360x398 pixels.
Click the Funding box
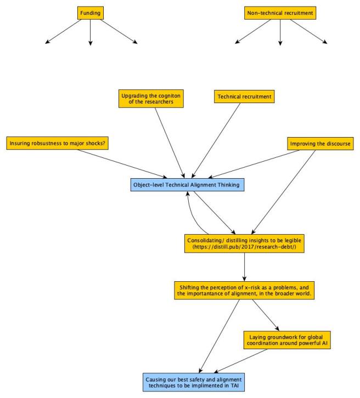point(90,12)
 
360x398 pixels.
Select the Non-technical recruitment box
point(280,12)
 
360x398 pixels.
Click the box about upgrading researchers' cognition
point(151,99)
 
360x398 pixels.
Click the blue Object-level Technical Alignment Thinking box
point(187,185)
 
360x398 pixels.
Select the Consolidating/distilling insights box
point(244,243)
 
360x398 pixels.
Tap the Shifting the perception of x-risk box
point(244,290)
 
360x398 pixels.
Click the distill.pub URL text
point(244,247)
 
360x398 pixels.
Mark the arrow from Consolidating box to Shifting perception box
point(244,268)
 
